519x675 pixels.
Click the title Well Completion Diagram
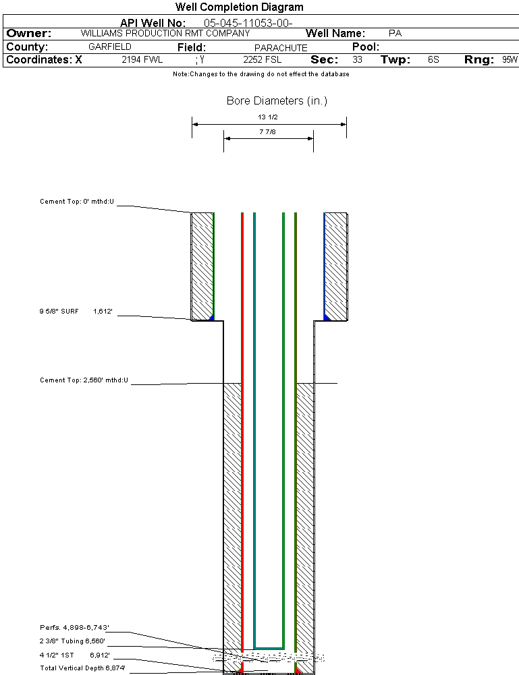click(x=239, y=7)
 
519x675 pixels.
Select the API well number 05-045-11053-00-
click(x=248, y=23)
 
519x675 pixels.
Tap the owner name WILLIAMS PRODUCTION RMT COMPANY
click(x=165, y=33)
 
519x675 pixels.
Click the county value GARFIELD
click(x=110, y=47)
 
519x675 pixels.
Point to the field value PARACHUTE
click(x=281, y=48)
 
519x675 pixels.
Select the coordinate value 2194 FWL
click(x=142, y=60)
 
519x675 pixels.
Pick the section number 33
click(x=357, y=60)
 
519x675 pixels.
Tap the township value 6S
click(x=433, y=60)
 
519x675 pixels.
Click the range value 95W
click(x=510, y=60)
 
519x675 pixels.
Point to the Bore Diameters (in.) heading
click(x=277, y=101)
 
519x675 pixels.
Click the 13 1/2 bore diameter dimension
click(x=269, y=117)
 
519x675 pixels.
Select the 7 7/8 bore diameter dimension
click(x=269, y=132)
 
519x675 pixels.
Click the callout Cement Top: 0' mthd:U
click(x=77, y=202)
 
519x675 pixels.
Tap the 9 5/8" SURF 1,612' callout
click(x=75, y=312)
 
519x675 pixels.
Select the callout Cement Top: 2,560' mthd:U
click(x=84, y=380)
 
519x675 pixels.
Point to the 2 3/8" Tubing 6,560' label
click(x=72, y=641)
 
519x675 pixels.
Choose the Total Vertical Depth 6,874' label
click(x=82, y=668)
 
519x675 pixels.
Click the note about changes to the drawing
click(x=261, y=74)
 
